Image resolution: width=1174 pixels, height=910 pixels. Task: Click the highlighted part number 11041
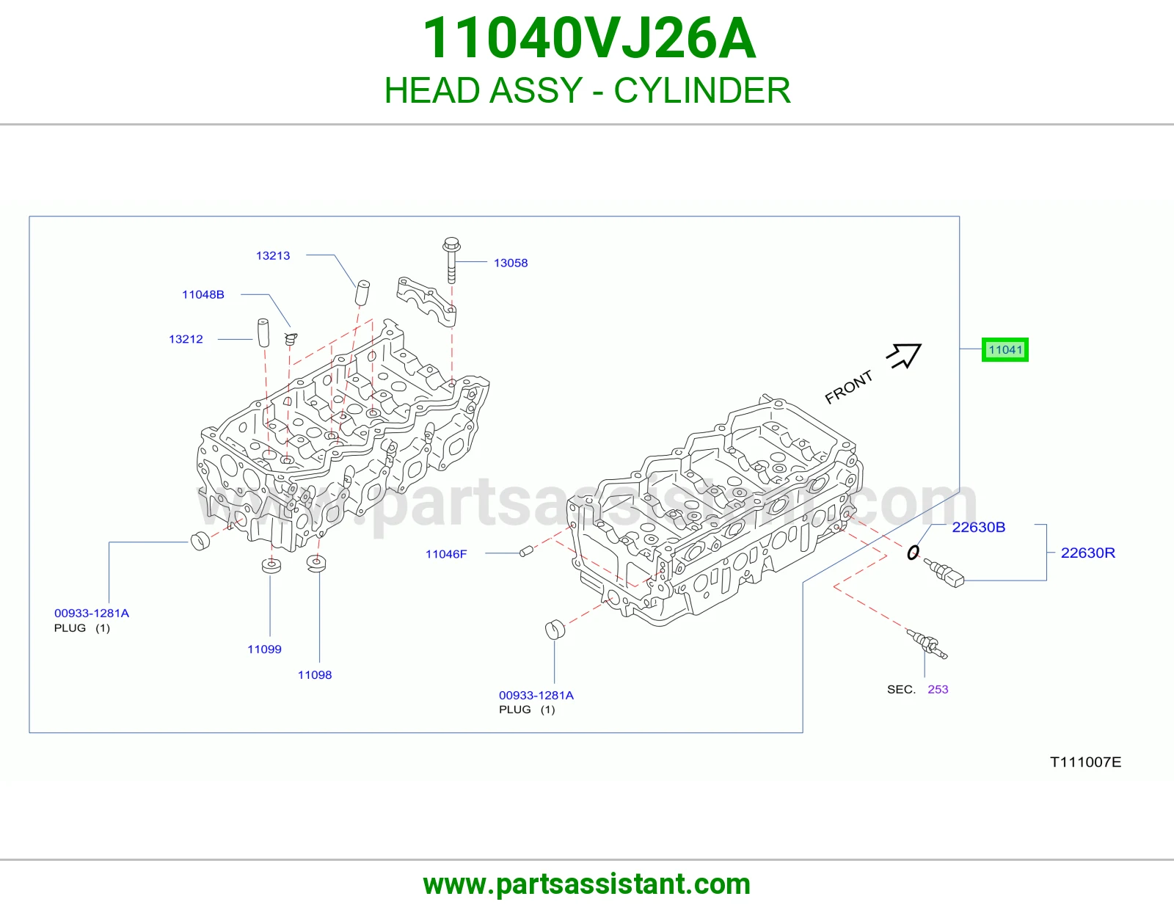point(1005,349)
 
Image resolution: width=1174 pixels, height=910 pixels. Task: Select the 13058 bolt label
point(511,263)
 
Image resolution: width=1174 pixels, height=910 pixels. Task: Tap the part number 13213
point(273,255)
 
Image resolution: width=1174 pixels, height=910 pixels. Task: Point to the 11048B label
point(203,294)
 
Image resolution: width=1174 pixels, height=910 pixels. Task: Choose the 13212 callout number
point(186,339)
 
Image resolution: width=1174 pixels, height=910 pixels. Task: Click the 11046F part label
point(446,554)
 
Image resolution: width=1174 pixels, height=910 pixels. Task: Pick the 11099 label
point(264,649)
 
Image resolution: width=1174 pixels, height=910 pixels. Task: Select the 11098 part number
point(315,674)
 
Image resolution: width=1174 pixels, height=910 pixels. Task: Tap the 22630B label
point(978,527)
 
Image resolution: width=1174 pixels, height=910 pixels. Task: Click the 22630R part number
point(1088,553)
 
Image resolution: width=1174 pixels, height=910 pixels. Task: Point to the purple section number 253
point(938,689)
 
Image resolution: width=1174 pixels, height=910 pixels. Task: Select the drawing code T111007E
point(1085,762)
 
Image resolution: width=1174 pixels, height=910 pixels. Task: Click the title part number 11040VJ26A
point(589,38)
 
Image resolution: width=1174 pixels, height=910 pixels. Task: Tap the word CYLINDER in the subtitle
point(701,90)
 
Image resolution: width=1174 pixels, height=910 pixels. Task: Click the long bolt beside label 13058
point(452,261)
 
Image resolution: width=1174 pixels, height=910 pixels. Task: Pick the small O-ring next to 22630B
point(913,553)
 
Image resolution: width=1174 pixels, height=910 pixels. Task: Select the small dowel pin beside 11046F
point(526,551)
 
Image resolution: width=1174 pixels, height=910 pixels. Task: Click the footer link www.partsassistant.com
point(587,884)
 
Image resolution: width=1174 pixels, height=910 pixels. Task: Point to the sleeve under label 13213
point(362,292)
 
